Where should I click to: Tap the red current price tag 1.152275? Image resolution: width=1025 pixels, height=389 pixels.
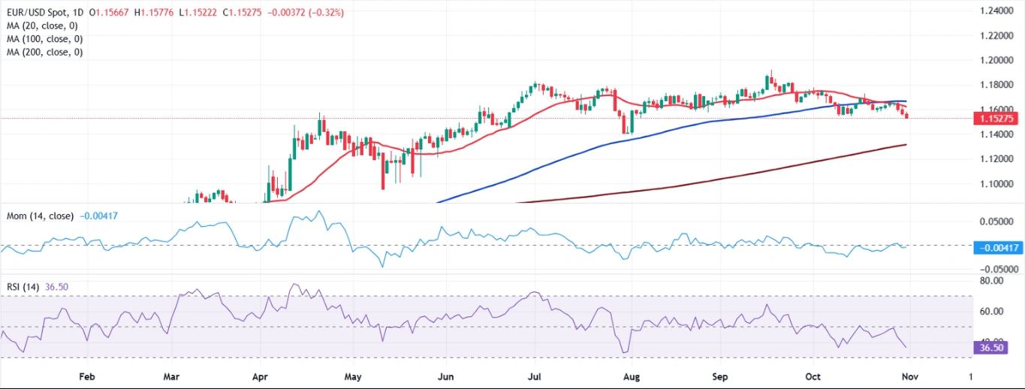(996, 119)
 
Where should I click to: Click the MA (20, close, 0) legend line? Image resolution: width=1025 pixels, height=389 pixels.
(45, 26)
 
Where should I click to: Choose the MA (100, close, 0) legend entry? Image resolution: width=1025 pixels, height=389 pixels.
(47, 38)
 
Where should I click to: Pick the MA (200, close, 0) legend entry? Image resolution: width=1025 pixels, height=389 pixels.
(47, 52)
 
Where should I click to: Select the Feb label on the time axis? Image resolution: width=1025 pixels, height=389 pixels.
(87, 375)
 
